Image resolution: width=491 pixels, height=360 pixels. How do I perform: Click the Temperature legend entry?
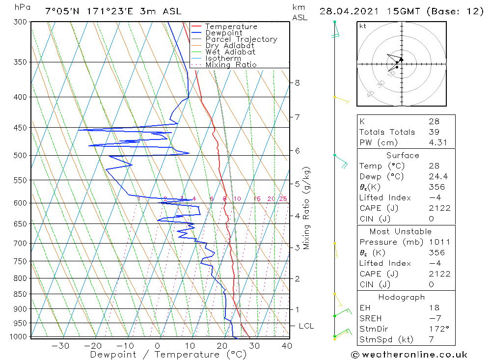[231, 27]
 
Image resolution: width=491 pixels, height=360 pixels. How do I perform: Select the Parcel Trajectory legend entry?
[241, 39]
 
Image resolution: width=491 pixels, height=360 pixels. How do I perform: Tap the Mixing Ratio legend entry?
[231, 65]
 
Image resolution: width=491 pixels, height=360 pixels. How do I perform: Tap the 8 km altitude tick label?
[297, 83]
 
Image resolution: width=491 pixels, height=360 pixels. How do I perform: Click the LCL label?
[306, 326]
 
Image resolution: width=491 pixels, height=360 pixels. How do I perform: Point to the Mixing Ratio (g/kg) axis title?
[307, 208]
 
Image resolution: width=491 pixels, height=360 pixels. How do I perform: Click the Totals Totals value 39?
[434, 132]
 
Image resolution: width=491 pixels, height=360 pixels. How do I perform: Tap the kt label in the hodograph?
[362, 26]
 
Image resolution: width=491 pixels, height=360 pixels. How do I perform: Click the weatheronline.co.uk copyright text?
[409, 355]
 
